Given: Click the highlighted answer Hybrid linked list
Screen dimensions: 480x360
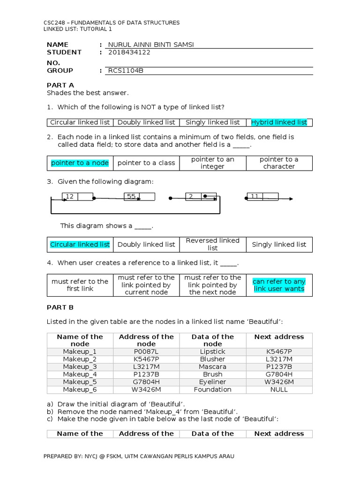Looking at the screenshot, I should (x=279, y=122).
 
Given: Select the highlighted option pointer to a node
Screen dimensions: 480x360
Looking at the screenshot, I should (x=80, y=163).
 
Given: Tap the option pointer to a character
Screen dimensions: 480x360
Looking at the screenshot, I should (x=279, y=163).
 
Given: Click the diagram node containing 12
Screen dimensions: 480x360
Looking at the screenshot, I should (x=77, y=197).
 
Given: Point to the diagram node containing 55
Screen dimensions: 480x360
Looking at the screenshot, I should (x=139, y=197).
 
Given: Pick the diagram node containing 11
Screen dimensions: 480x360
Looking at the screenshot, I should (x=263, y=197).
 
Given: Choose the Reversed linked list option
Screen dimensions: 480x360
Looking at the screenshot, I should (x=212, y=244).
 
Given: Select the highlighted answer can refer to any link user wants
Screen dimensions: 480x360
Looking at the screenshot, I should (x=279, y=285).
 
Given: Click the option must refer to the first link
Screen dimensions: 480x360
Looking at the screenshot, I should (x=80, y=285).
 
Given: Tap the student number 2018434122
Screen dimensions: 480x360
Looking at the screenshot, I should (x=129, y=52).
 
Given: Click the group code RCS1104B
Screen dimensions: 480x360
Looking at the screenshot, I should (x=125, y=71).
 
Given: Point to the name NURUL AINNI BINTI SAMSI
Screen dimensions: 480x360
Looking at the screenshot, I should (x=150, y=45).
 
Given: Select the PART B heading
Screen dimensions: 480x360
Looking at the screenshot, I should (x=60, y=307).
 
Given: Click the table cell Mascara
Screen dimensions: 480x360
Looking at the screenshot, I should (x=212, y=367).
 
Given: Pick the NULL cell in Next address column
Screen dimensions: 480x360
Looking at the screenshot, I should (x=279, y=390).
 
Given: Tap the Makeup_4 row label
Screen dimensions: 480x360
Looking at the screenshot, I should (x=80, y=375).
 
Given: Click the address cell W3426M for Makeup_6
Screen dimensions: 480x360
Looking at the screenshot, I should (x=146, y=390).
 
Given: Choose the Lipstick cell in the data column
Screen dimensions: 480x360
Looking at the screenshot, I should (x=212, y=352).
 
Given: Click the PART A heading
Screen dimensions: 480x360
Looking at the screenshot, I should (x=60, y=85).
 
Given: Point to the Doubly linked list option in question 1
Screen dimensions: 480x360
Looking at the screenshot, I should (x=146, y=122).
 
